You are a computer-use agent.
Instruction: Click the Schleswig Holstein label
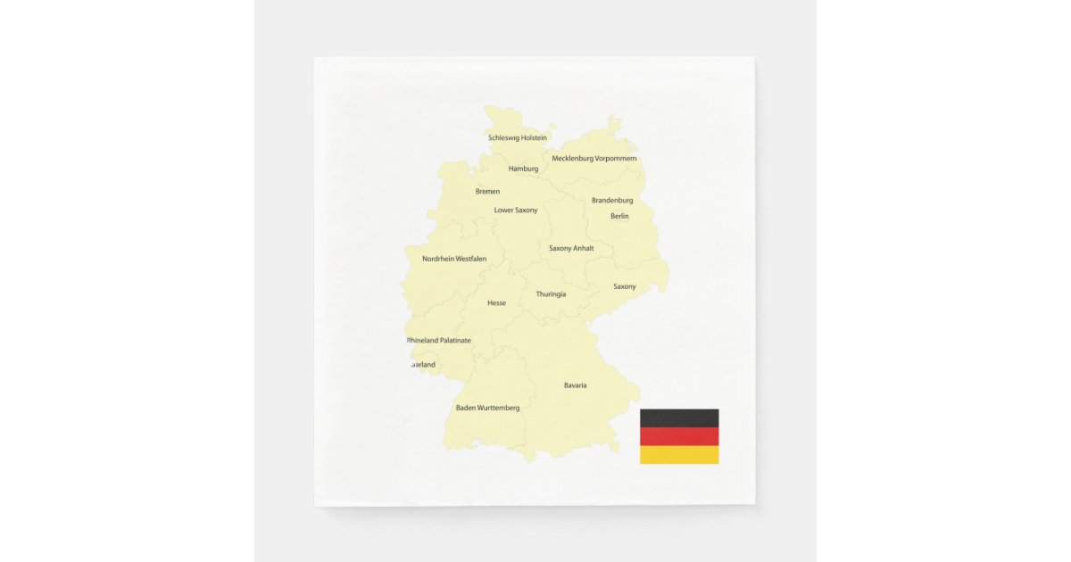click(x=518, y=138)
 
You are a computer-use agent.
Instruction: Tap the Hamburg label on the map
click(x=523, y=169)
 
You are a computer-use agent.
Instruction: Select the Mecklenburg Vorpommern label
click(x=594, y=159)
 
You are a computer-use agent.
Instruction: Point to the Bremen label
click(x=487, y=192)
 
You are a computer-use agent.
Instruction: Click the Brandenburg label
click(x=612, y=201)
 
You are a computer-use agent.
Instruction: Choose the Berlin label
click(x=619, y=216)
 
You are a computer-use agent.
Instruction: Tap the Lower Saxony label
click(x=516, y=211)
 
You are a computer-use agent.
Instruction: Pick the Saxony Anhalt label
click(x=571, y=249)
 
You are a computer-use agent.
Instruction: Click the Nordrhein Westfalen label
click(x=454, y=260)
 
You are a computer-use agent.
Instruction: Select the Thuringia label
click(x=551, y=294)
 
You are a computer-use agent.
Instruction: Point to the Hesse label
click(x=496, y=303)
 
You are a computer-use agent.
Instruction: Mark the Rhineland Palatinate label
click(x=439, y=341)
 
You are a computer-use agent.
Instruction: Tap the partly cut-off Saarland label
click(x=422, y=365)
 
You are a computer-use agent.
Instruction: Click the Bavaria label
click(x=575, y=385)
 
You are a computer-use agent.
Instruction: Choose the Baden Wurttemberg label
click(x=487, y=408)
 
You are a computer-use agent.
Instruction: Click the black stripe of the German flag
click(x=679, y=417)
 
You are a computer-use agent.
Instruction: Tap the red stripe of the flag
click(x=679, y=436)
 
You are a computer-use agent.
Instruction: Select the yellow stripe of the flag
click(x=679, y=455)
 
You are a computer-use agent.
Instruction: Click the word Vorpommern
click(x=616, y=159)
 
